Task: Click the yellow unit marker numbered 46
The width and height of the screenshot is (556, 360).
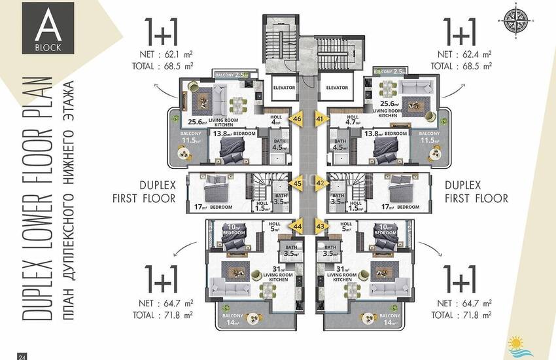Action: pos(298,119)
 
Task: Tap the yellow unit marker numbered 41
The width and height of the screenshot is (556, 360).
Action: pos(320,119)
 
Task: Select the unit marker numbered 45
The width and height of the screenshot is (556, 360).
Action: pos(298,184)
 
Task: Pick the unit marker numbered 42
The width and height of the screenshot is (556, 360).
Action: pos(320,184)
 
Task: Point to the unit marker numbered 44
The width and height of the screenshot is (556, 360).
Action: pos(298,226)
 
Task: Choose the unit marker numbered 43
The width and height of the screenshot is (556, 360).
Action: pos(320,226)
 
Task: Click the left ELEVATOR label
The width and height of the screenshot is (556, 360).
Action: pos(285,87)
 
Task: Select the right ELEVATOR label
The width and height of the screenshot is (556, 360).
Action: pos(336,87)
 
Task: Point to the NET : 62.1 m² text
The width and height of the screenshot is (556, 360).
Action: pos(165,54)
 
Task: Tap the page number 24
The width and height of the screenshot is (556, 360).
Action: pos(22,356)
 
